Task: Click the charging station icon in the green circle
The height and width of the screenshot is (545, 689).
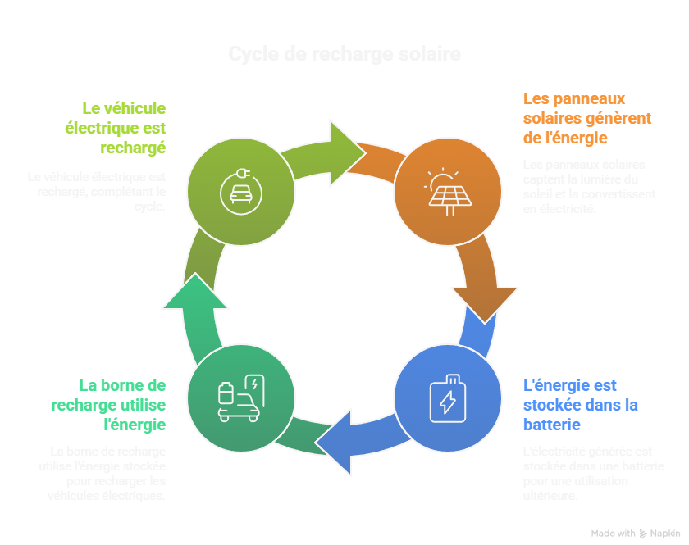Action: point(240,397)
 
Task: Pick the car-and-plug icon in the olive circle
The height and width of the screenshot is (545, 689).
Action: point(240,191)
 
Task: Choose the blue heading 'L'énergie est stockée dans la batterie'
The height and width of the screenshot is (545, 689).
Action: point(581,405)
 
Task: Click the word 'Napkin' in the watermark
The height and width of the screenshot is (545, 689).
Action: point(665,533)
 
